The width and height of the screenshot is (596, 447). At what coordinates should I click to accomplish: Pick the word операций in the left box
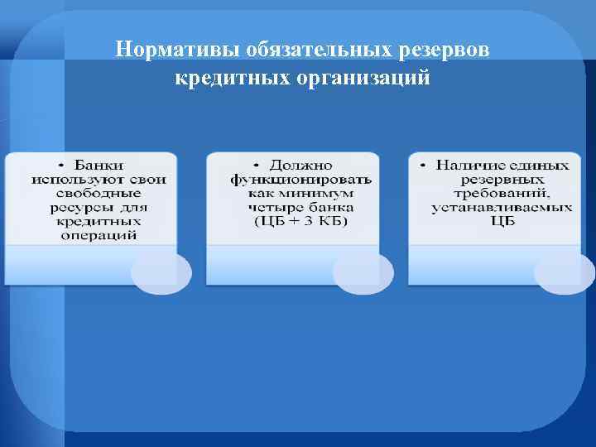coord(99,235)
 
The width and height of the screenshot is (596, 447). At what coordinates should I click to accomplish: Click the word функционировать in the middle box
coord(301,179)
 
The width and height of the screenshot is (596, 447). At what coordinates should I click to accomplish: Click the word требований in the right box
coord(502,193)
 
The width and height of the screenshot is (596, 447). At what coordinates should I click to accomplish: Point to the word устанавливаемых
coord(502,207)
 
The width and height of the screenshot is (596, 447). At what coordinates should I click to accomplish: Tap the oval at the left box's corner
coord(161,272)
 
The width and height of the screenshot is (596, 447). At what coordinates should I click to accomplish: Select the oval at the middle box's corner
coord(363,272)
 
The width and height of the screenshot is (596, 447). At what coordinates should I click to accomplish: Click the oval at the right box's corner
coord(565,272)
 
